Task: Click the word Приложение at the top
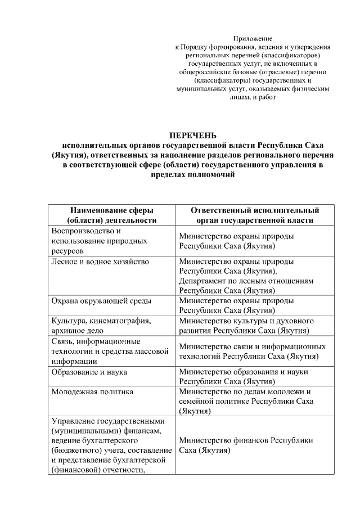(253, 38)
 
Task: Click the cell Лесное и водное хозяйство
(100, 262)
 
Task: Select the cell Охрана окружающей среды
(101, 301)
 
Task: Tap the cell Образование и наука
(89, 372)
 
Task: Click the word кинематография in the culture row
(121, 321)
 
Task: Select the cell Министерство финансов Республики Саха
(246, 445)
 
